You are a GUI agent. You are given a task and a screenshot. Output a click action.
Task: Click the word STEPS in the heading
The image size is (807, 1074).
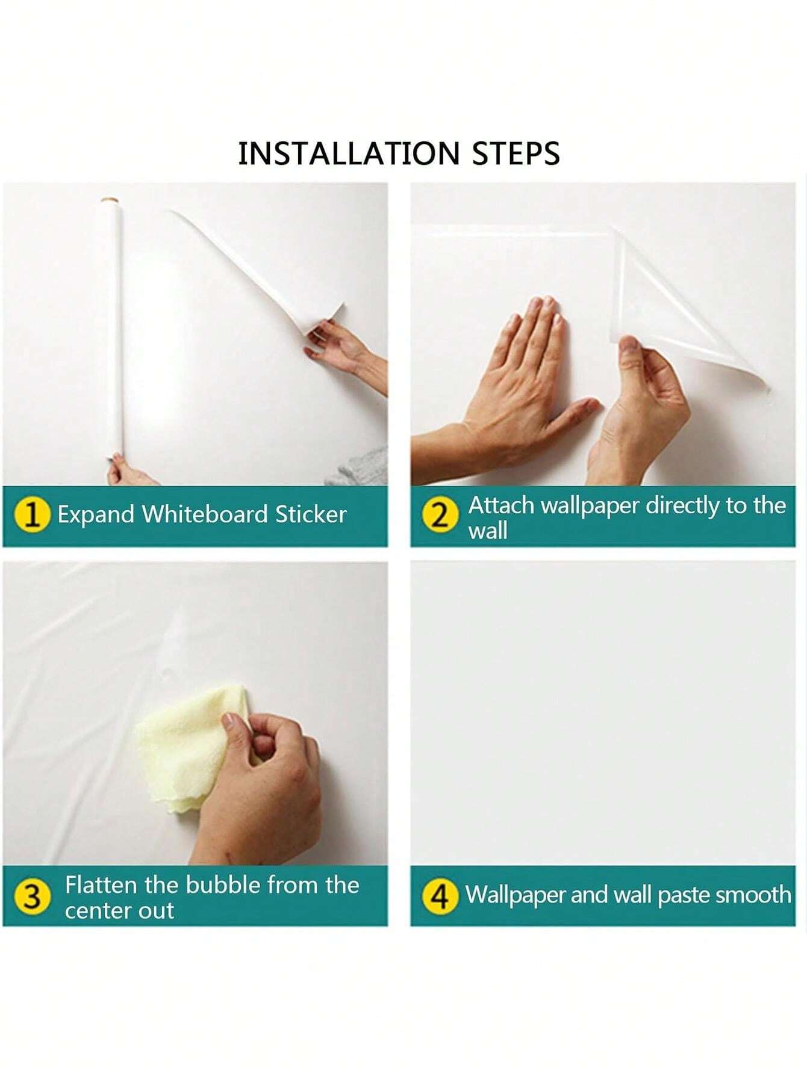point(516,153)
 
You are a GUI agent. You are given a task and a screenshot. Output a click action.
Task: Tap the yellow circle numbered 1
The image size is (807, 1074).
point(31,515)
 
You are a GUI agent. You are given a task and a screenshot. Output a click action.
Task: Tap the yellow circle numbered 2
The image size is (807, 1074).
point(440,516)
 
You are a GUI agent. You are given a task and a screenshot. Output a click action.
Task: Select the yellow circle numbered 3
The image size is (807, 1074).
point(31,897)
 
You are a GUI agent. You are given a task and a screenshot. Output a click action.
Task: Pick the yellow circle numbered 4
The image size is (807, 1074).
point(440,897)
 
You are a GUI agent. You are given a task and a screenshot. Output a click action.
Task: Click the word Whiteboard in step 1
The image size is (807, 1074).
point(205,514)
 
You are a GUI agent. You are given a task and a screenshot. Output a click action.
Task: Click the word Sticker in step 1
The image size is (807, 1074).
point(311,514)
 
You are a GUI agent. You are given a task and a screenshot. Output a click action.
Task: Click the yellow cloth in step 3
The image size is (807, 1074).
point(184,746)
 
